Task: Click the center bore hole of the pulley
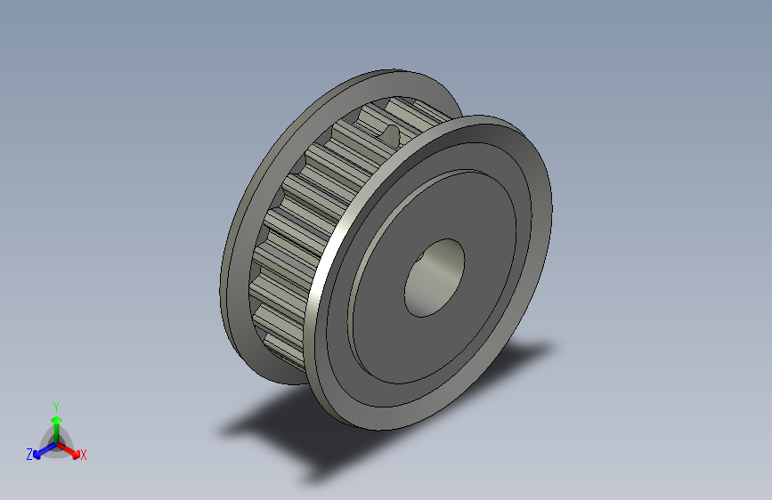click(435, 278)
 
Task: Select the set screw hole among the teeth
click(390, 133)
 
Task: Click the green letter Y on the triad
click(55, 405)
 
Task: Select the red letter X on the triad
click(84, 456)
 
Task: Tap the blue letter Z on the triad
click(29, 455)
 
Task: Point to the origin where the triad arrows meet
click(56, 441)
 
